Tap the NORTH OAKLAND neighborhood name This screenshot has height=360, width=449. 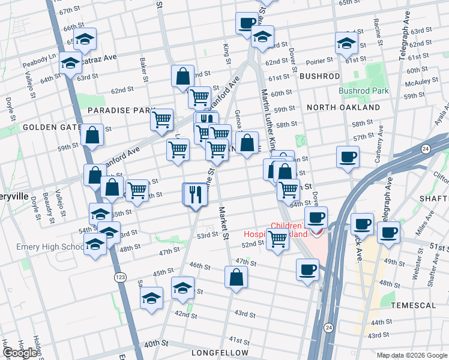click(343, 107)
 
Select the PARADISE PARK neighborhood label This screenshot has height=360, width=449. click(113, 110)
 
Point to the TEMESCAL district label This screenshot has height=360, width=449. click(413, 305)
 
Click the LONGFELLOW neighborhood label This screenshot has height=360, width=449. click(215, 353)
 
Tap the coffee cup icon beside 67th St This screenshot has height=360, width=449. click(246, 23)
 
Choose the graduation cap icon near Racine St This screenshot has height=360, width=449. click(347, 43)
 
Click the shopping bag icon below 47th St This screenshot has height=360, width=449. click(237, 277)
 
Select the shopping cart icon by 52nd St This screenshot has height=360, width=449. click(277, 238)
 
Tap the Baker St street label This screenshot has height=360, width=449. click(144, 70)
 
